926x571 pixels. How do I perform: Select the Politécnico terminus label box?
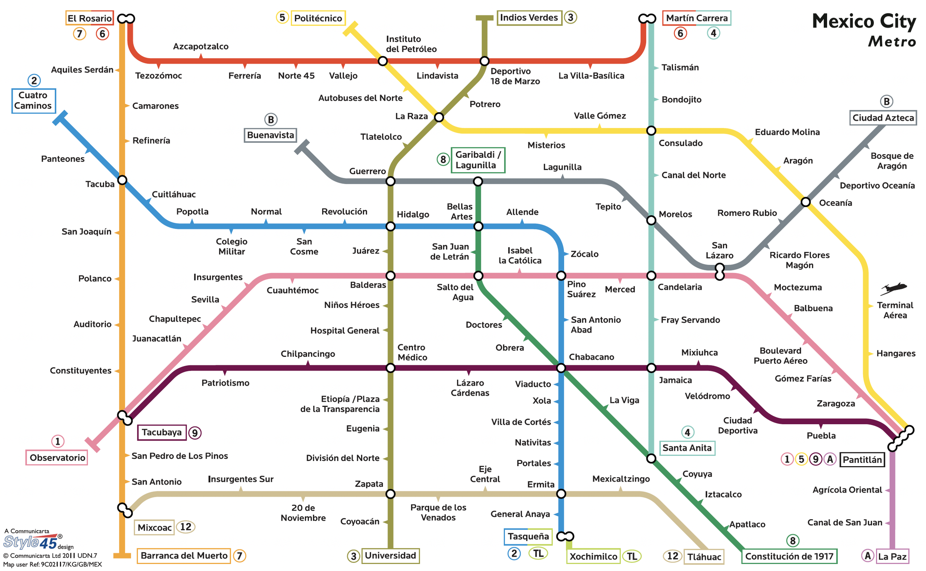point(318,18)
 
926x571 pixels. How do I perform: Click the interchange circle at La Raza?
point(439,117)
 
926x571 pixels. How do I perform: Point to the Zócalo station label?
point(584,254)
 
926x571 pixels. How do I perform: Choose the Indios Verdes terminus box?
point(529,18)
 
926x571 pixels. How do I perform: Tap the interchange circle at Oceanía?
point(806,202)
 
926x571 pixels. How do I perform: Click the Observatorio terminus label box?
point(57,458)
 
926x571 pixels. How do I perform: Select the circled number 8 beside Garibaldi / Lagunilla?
point(443,159)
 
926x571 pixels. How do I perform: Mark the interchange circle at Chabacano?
point(561,368)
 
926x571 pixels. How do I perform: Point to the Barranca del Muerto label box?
point(184,556)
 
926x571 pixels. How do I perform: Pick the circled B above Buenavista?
point(271,120)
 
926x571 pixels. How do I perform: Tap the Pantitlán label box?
point(862,460)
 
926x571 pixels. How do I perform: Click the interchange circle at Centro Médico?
point(390,368)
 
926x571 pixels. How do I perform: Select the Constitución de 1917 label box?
point(789,557)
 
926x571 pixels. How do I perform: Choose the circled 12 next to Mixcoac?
point(185,527)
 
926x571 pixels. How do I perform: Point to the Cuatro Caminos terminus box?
point(33,101)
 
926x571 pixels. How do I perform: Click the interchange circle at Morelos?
point(651,220)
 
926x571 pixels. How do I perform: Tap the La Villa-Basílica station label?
point(591,76)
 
